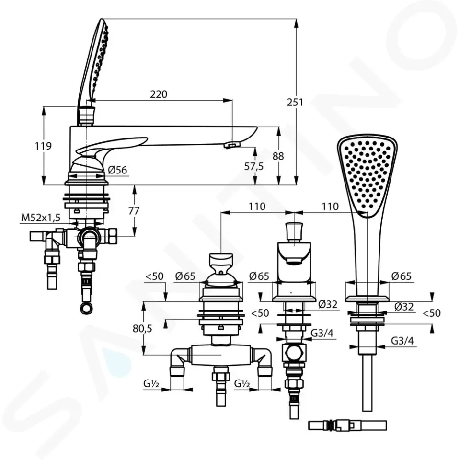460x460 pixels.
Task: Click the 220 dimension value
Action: tap(159, 94)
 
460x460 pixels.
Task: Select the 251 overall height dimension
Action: tap(295, 102)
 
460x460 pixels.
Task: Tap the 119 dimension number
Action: tap(43, 146)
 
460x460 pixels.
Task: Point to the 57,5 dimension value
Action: tap(254, 166)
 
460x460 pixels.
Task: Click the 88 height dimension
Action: tap(278, 156)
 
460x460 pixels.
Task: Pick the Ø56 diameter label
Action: tap(117, 170)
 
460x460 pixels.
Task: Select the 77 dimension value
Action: tap(134, 211)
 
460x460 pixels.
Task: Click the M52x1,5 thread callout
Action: tap(41, 218)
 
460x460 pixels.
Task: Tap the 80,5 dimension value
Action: tap(142, 329)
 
